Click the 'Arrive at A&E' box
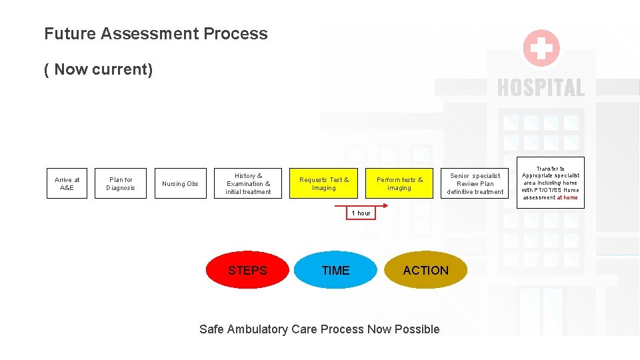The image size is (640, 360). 67,183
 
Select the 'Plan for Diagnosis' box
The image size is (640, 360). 121,183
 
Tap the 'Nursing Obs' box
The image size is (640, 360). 180,183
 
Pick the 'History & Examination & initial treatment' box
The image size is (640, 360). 248,183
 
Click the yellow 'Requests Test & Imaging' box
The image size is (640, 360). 324,183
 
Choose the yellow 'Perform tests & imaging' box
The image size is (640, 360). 399,183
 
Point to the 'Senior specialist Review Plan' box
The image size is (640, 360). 475,183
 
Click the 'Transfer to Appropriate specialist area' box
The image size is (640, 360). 551,182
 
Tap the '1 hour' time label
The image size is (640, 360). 361,213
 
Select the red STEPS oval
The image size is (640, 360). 247,270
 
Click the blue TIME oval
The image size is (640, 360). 335,270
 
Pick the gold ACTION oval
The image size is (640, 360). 426,270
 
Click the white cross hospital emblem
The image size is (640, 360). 541,49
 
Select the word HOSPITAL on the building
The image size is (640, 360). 541,87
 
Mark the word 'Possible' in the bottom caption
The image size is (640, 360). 417,329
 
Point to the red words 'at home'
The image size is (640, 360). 567,197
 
